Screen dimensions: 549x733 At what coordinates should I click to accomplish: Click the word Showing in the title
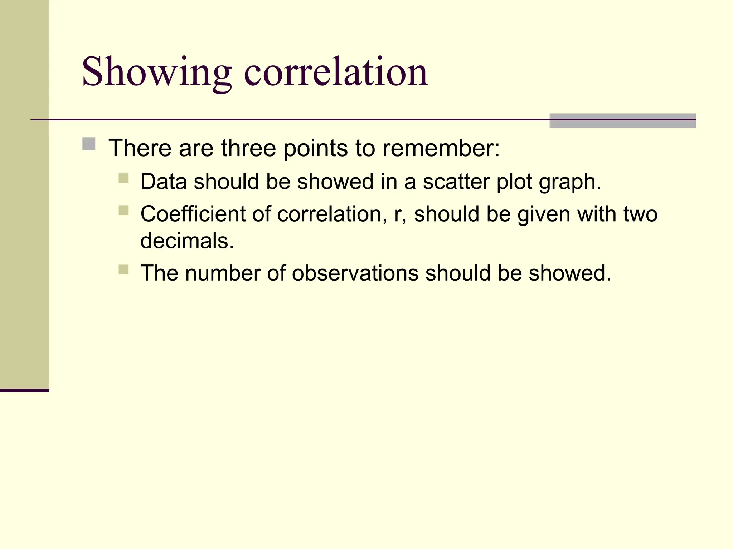click(157, 73)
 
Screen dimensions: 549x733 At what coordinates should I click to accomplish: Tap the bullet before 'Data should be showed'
click(123, 178)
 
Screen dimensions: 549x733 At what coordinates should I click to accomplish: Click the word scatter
click(456, 182)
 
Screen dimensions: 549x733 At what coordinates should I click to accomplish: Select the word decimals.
click(187, 241)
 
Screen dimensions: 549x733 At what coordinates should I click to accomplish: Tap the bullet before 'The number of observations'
click(123, 269)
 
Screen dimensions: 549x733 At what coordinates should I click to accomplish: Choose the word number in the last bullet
click(222, 273)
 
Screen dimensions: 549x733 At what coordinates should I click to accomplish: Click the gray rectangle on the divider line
click(622, 121)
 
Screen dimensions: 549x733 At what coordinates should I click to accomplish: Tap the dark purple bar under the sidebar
click(24, 390)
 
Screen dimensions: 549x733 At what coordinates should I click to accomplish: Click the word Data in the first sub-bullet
click(164, 182)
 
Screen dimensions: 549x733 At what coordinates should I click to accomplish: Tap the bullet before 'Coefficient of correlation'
click(123, 210)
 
